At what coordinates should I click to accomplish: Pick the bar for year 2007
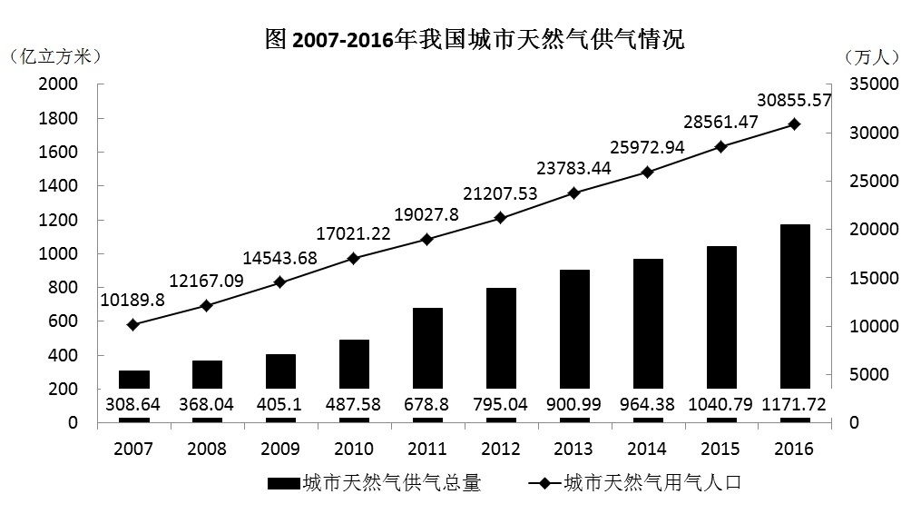pos(133,381)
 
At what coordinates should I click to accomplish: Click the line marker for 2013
pos(573,193)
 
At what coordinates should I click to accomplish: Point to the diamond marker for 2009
pos(279,282)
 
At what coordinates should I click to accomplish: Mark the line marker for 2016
pos(794,124)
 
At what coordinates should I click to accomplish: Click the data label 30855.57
pos(794,101)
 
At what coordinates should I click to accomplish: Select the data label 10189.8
pos(132,300)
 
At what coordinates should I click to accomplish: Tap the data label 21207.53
pos(499,193)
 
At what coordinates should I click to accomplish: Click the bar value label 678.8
pos(426,405)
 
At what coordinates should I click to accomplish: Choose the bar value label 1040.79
pos(720,405)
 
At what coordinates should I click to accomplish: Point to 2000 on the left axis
pos(57,84)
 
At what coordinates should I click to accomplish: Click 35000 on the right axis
pos(874,84)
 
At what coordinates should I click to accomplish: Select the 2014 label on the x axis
pos(647,449)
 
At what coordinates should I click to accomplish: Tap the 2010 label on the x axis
pos(354,449)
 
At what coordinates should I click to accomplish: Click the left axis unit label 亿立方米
pos(54,56)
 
